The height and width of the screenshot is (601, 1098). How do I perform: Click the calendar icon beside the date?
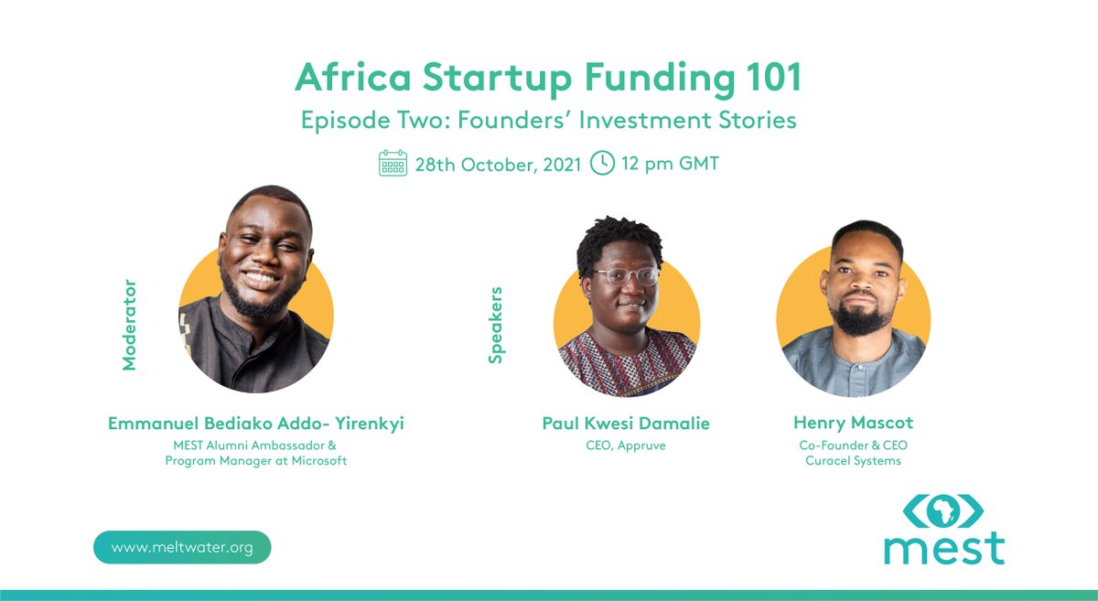point(393,164)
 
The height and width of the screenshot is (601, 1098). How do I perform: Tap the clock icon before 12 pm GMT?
point(602,164)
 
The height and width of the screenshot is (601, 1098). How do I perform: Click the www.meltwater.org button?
point(182,547)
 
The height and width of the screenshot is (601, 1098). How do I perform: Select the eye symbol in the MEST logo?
point(944,510)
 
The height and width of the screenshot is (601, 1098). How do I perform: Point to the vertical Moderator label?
point(129,325)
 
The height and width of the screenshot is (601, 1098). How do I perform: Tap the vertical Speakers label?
point(496,326)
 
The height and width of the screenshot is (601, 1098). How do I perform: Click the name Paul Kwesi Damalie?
point(626,424)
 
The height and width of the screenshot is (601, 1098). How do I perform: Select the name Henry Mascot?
point(853,423)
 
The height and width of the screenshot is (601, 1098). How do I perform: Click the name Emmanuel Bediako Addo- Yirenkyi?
point(255,424)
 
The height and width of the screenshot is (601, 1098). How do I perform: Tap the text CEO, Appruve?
point(626,445)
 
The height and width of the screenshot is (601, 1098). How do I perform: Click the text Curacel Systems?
point(853,460)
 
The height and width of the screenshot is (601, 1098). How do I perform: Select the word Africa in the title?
point(350,80)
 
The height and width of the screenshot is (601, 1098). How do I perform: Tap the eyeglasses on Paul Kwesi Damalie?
point(628,275)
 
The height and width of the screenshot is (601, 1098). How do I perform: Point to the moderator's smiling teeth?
point(263,275)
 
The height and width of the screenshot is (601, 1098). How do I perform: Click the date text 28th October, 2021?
point(498,165)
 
